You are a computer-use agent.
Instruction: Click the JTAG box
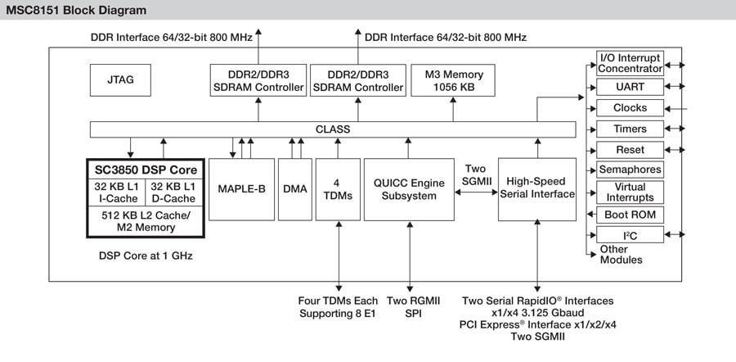click(x=120, y=80)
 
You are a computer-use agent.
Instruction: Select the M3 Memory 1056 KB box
click(x=454, y=80)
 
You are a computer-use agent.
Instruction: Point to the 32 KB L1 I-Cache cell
click(x=115, y=191)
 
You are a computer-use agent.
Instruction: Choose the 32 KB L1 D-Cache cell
click(x=173, y=191)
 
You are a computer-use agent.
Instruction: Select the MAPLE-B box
click(x=240, y=189)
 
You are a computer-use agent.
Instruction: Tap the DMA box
click(x=294, y=189)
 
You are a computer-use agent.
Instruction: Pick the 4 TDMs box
click(x=337, y=189)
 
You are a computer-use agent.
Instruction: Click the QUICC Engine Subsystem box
click(x=409, y=189)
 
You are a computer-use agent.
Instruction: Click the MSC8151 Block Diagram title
click(x=77, y=11)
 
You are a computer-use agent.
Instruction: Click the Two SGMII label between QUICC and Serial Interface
click(x=475, y=174)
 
